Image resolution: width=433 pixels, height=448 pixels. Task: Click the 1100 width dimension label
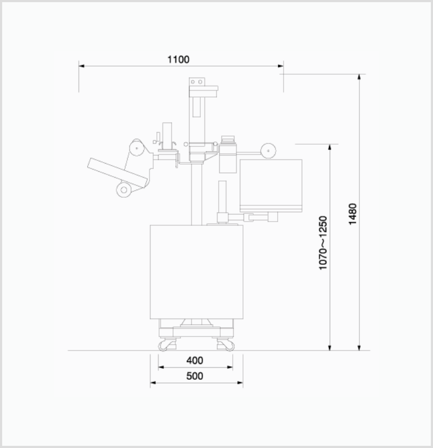coord(178,60)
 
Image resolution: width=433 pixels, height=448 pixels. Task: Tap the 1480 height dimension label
coord(353,214)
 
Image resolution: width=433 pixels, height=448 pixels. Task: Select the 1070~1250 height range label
coord(323,243)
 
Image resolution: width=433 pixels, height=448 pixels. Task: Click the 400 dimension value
coord(195,361)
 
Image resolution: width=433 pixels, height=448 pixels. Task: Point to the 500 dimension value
coord(195,376)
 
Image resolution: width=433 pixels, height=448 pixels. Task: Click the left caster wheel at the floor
coord(163,346)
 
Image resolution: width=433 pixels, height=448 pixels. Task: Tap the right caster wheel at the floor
coord(229,346)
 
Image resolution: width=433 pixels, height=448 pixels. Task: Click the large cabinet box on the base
coord(196,272)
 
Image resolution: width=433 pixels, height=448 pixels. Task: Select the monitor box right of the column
coord(271,186)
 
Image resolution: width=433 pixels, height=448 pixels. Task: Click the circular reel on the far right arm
coord(268,151)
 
